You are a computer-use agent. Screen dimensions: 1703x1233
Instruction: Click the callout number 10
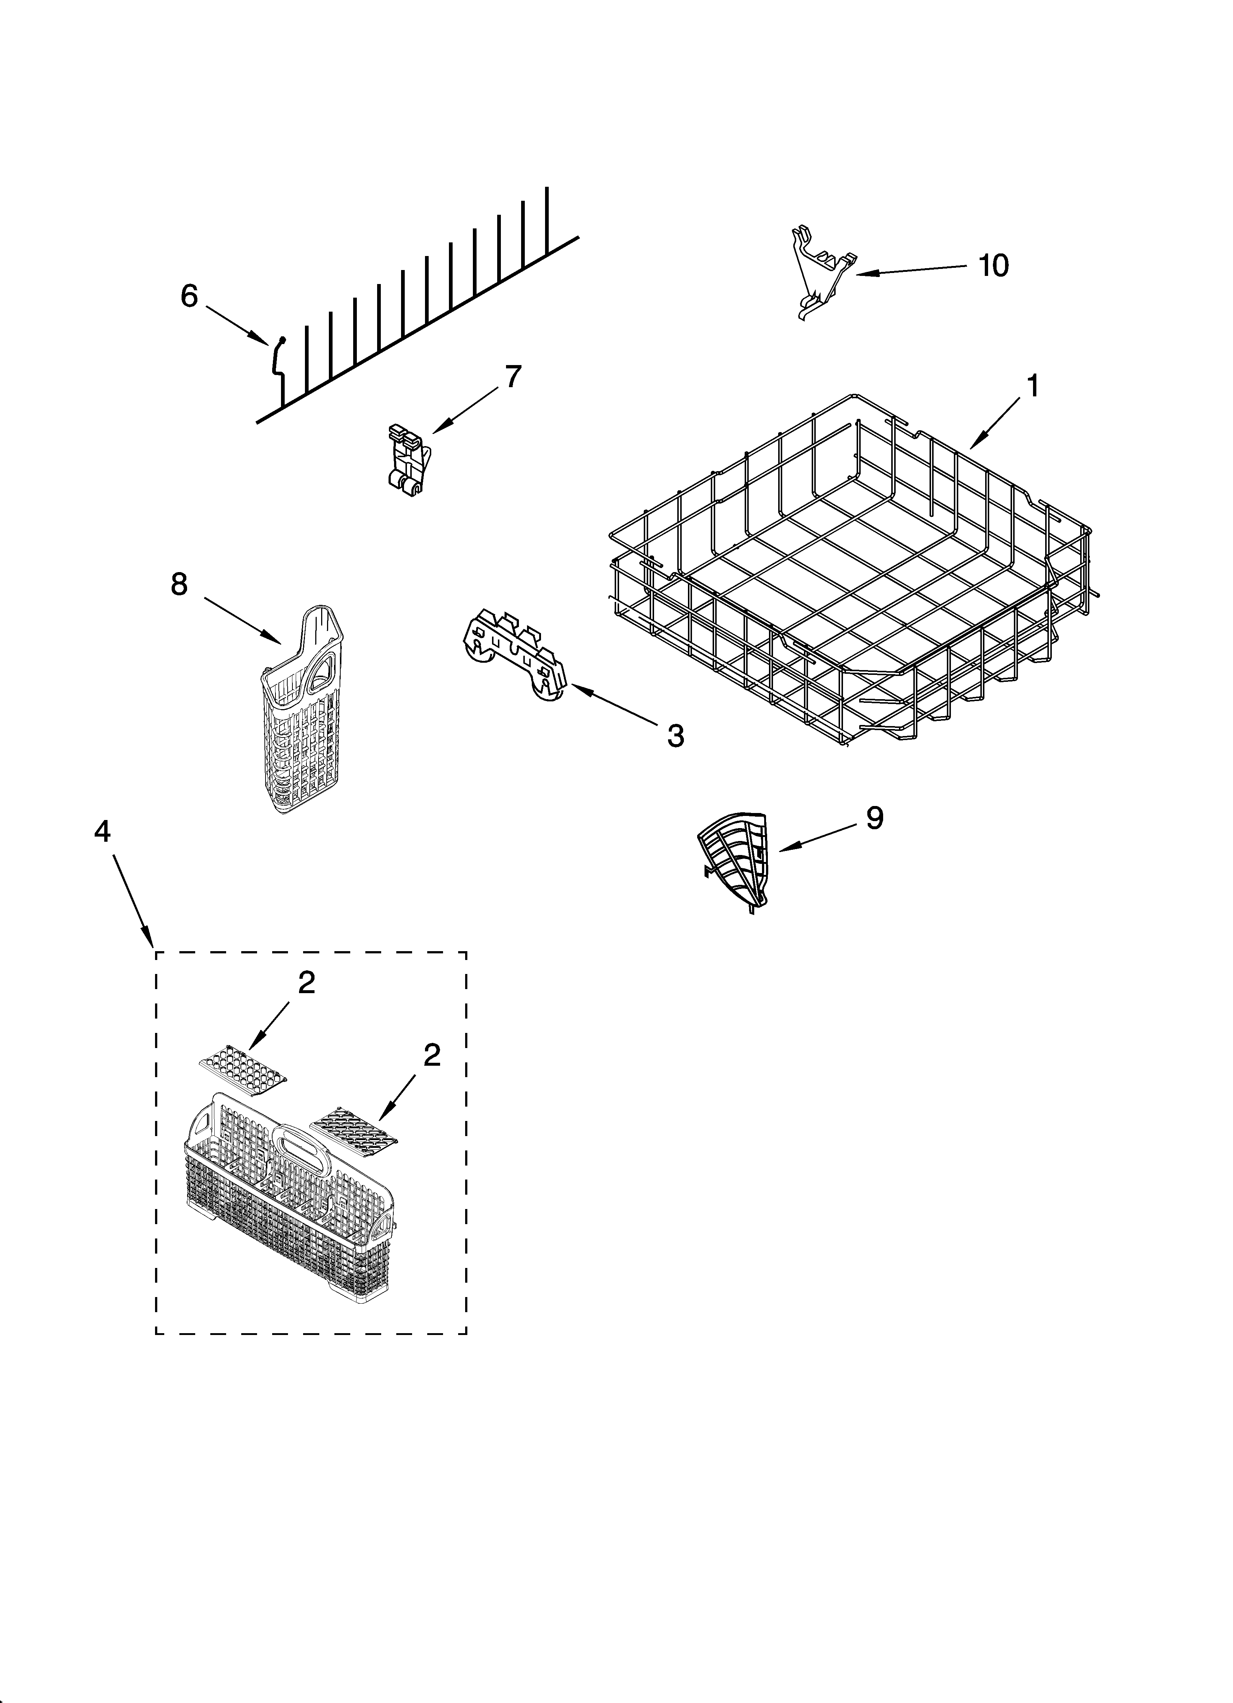[x=994, y=265]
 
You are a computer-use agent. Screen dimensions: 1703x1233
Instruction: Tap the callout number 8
[x=179, y=584]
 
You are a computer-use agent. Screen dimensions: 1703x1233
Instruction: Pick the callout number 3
[x=675, y=735]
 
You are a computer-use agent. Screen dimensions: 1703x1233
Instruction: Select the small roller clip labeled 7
[x=408, y=459]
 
